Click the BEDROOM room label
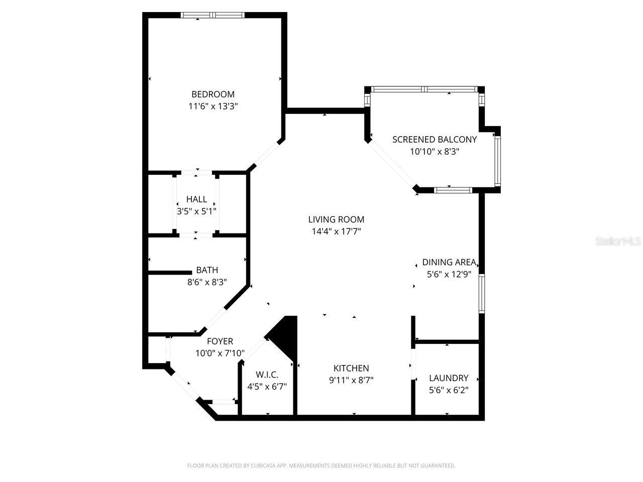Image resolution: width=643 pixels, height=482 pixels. tap(213, 94)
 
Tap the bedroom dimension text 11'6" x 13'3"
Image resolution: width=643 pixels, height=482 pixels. tap(213, 106)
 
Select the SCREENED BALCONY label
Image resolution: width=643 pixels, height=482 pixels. tap(435, 140)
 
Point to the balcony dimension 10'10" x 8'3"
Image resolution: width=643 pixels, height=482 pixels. tap(435, 152)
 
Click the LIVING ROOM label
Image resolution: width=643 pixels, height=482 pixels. tap(336, 219)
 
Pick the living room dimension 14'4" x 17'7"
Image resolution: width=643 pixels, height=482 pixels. tap(336, 231)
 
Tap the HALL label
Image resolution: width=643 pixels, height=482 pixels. tap(196, 199)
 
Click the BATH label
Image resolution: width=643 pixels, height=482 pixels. tap(207, 270)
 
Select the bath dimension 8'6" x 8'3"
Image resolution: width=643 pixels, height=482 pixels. tap(207, 282)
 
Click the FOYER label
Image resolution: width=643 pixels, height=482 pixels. tap(220, 341)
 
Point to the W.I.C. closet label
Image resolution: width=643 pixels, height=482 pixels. tap(267, 375)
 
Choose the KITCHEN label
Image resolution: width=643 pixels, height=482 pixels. tap(351, 369)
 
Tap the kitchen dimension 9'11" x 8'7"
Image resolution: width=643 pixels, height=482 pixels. tap(351, 381)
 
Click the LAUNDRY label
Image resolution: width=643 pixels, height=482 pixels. tap(449, 378)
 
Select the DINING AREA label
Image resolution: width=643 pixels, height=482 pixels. tap(449, 262)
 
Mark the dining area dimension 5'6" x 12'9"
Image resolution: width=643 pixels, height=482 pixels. tap(449, 274)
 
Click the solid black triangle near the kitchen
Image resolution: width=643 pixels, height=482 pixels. tap(286, 335)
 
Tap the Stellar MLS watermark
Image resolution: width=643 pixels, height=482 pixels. tap(618, 242)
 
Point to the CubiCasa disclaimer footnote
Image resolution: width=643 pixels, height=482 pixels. tap(321, 466)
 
